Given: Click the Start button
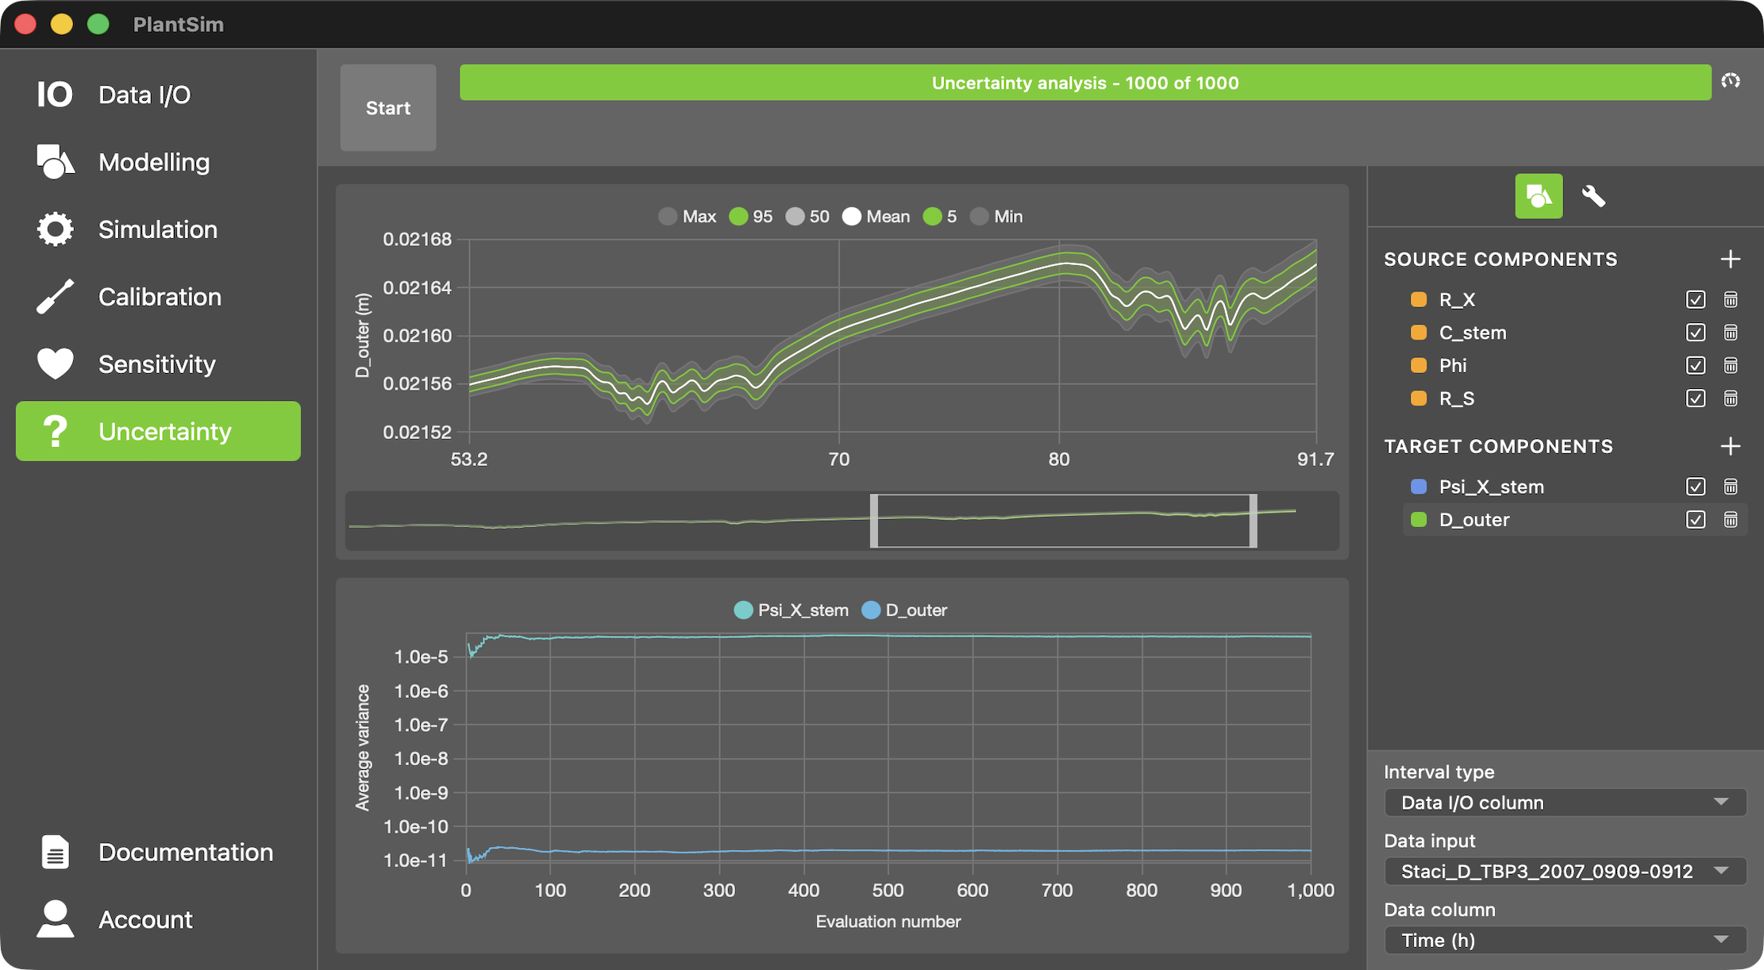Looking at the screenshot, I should click(x=387, y=108).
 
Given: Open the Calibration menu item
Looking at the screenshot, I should click(x=159, y=297).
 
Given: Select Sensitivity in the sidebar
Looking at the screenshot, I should click(x=156, y=364).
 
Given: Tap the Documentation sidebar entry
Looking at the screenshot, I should click(x=185, y=853).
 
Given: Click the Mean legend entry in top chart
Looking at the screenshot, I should click(x=876, y=217).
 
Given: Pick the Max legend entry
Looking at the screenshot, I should click(x=687, y=217).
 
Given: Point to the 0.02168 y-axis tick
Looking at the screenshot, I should click(x=417, y=240).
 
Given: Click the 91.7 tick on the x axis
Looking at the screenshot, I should click(x=1315, y=460).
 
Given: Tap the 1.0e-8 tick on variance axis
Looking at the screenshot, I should click(x=421, y=759).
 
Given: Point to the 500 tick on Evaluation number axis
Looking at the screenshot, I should click(x=888, y=891).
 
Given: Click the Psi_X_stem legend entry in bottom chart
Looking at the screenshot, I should click(x=791, y=610).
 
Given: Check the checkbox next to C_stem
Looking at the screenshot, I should click(x=1695, y=333).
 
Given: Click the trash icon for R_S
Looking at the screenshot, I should click(x=1731, y=398).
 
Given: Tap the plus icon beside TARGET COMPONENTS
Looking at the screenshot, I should click(x=1731, y=446).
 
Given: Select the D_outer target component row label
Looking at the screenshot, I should click(x=1474, y=520).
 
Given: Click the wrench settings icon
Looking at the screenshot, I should click(x=1593, y=196).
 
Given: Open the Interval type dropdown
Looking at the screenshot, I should click(x=1565, y=803).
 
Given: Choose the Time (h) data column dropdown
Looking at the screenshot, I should click(x=1565, y=941).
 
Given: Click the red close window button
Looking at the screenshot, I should click(x=25, y=25).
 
